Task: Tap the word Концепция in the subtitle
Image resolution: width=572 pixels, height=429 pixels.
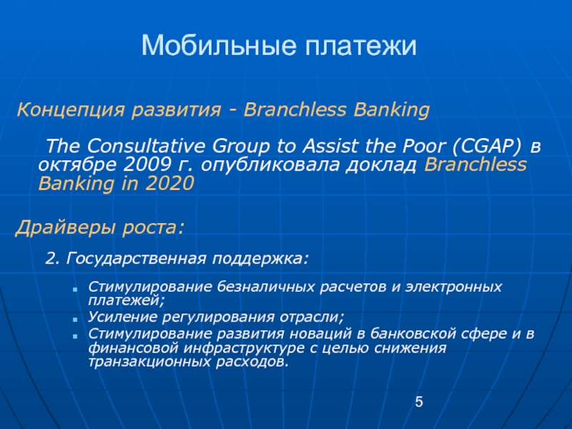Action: click(x=71, y=110)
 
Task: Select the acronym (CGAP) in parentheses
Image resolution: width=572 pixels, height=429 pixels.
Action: click(x=488, y=147)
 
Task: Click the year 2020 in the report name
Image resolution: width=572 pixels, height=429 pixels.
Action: click(x=169, y=183)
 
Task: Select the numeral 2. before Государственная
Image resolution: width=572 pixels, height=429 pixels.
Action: click(x=52, y=259)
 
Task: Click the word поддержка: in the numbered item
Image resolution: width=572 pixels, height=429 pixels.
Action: click(x=260, y=259)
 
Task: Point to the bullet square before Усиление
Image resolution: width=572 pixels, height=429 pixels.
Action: click(x=75, y=319)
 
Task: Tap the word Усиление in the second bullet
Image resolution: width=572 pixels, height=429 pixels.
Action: click(x=122, y=317)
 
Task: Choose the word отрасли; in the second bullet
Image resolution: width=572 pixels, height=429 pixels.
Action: click(x=312, y=317)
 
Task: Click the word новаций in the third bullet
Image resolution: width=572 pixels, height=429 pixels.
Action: click(x=327, y=334)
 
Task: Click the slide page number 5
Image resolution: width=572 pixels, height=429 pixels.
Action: click(x=419, y=402)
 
